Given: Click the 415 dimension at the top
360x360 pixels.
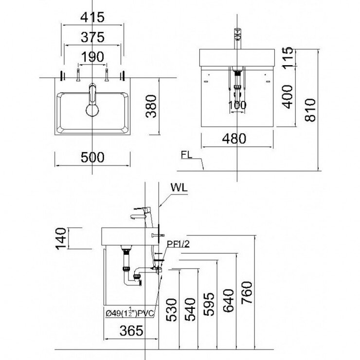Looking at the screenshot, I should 92,18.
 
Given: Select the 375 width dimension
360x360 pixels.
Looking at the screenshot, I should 92,37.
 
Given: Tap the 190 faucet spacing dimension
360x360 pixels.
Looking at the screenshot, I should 92,57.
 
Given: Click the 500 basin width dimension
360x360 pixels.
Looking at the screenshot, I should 92,157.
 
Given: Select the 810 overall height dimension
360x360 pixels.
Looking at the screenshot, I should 310,109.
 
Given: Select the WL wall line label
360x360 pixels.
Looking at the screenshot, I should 179,187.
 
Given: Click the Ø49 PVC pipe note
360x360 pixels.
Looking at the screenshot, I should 129,314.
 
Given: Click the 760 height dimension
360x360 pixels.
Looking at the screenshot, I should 247,298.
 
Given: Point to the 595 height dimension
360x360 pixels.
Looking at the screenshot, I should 208,304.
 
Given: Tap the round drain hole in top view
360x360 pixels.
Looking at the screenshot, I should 92,109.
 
